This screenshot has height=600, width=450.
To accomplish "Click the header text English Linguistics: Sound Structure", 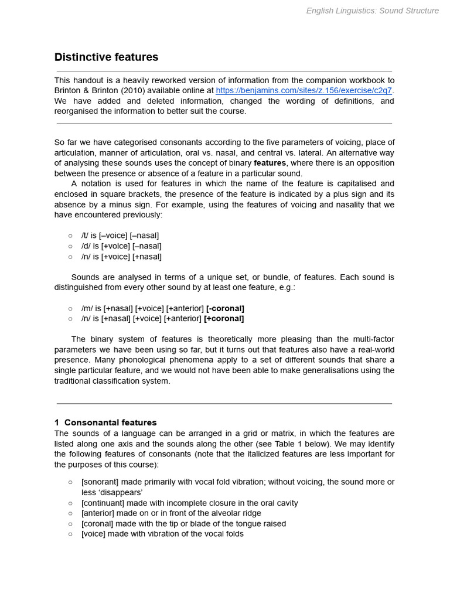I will pyautogui.click(x=372, y=11).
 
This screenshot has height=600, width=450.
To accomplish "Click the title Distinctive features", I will pyautogui.click(x=106, y=57).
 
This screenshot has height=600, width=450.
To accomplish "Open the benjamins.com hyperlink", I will pyautogui.click(x=304, y=90).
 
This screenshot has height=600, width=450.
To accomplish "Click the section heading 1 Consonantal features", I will pyautogui.click(x=105, y=422).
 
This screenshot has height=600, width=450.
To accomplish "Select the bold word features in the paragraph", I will pyautogui.click(x=270, y=163).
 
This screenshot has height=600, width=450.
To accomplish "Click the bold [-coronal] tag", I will pyautogui.click(x=225, y=308).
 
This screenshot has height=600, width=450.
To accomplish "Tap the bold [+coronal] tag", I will pyautogui.click(x=224, y=319).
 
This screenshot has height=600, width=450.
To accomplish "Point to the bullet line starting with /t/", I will pyautogui.click(x=120, y=236).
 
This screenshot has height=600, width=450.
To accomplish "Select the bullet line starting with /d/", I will pyautogui.click(x=121, y=246).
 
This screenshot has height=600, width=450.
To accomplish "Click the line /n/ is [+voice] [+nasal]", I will pyautogui.click(x=121, y=257).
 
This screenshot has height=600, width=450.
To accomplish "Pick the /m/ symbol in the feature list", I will pyautogui.click(x=87, y=308).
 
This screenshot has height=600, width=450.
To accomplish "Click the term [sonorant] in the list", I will pyautogui.click(x=100, y=482).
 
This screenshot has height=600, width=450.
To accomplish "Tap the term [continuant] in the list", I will pyautogui.click(x=101, y=503).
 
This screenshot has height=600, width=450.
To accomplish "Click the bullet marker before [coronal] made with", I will pyautogui.click(x=70, y=524).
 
